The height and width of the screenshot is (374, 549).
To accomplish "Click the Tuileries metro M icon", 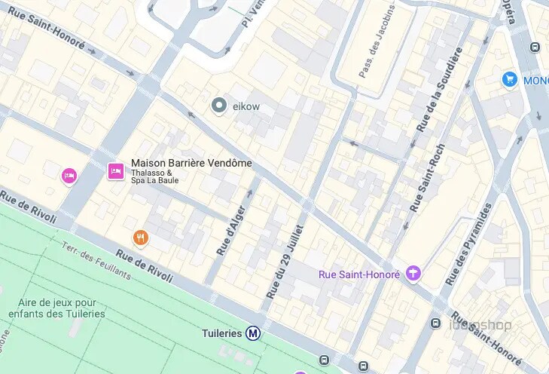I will click(254, 333).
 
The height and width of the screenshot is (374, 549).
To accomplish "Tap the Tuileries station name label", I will click(222, 333).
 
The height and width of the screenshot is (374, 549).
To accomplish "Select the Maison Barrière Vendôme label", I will click(191, 163).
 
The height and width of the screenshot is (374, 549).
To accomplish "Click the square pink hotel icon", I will click(116, 171).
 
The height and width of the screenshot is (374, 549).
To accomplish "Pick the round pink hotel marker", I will click(69, 176).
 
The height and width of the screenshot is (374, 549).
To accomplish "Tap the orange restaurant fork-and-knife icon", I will click(140, 238).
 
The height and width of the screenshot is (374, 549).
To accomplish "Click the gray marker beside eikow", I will click(219, 106).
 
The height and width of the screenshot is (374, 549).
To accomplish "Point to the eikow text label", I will click(246, 107).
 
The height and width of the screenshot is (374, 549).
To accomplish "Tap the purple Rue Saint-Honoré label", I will click(359, 274).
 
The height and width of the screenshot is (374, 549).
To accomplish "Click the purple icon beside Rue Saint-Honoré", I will click(413, 273).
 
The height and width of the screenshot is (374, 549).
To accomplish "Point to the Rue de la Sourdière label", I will click(440, 88).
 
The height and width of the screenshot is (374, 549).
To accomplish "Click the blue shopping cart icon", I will click(510, 79).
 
